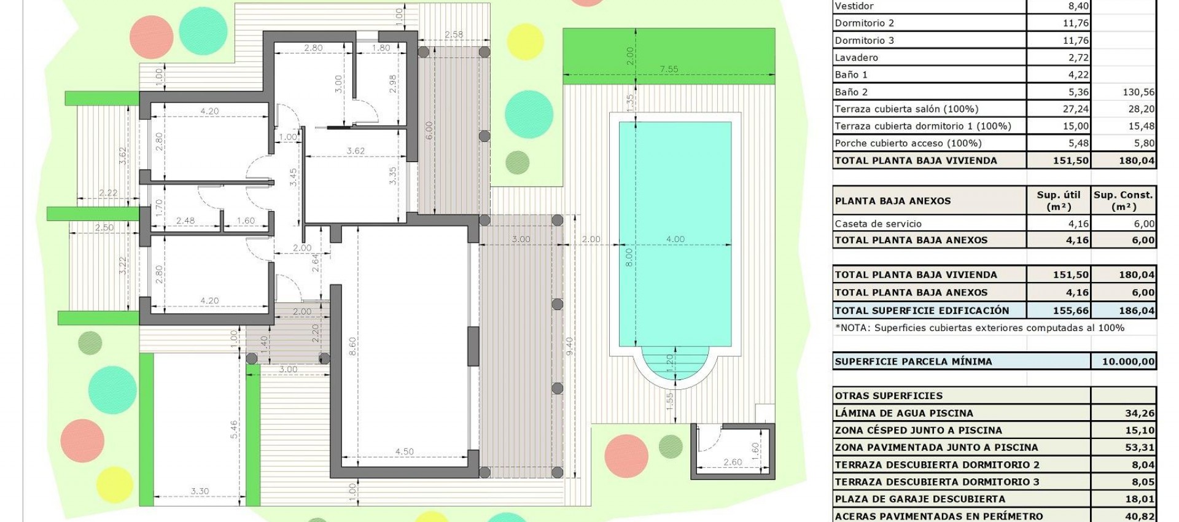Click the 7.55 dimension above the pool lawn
[x=669, y=69]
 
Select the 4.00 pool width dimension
[x=675, y=239]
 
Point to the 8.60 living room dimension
[x=352, y=346]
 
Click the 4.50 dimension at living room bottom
[x=404, y=451]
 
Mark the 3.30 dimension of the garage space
[x=200, y=491]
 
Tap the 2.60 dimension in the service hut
[x=733, y=462]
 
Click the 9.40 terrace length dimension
[x=570, y=346]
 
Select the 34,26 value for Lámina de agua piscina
[x=1140, y=413]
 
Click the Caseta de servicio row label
[x=878, y=224]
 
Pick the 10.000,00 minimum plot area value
[x=1128, y=362]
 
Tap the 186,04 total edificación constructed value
[x=1136, y=311]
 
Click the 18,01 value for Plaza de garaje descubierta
[x=1140, y=499]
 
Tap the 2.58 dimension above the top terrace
[x=454, y=34]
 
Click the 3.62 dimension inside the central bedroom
[x=356, y=150]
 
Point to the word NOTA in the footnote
[x=854, y=328]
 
